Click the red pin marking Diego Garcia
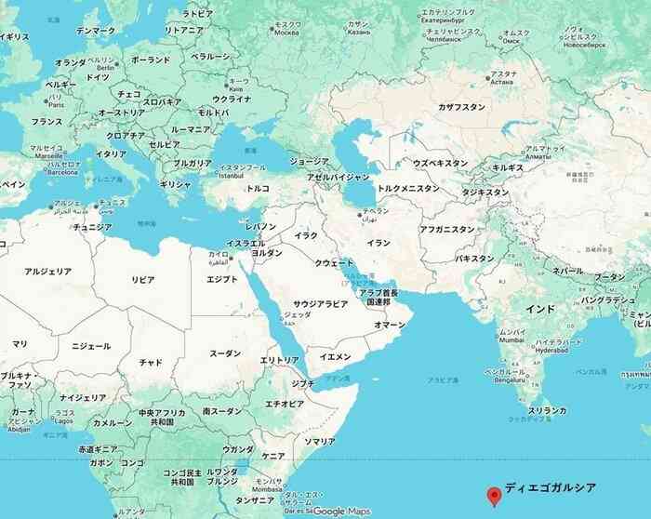(x=493, y=496)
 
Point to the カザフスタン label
(x=462, y=107)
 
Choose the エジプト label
(x=221, y=279)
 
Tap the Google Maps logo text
(x=341, y=512)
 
